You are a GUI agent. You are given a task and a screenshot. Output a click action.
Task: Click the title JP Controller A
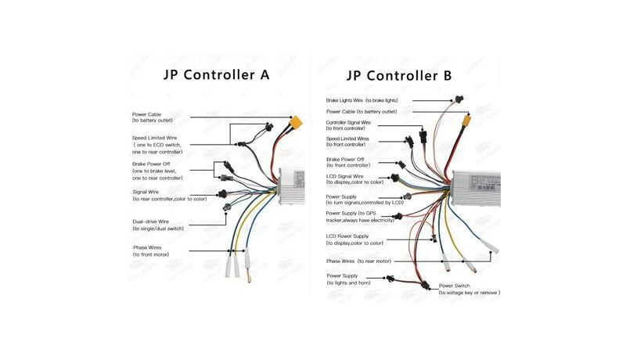pyautogui.click(x=216, y=75)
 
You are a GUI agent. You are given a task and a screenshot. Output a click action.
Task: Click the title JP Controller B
pyautogui.click(x=399, y=75)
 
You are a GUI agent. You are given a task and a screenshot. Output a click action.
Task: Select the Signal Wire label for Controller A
pyautogui.click(x=169, y=196)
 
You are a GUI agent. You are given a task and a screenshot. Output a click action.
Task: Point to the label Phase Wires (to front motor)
pyautogui.click(x=151, y=251)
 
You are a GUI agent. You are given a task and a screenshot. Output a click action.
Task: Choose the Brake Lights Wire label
pyautogui.click(x=362, y=101)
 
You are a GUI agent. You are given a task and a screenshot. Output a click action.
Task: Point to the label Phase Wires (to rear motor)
pyautogui.click(x=358, y=261)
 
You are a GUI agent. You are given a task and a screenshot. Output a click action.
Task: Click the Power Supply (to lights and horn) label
pyautogui.click(x=349, y=279)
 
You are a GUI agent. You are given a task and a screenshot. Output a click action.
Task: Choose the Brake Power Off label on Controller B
pyautogui.click(x=348, y=162)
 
